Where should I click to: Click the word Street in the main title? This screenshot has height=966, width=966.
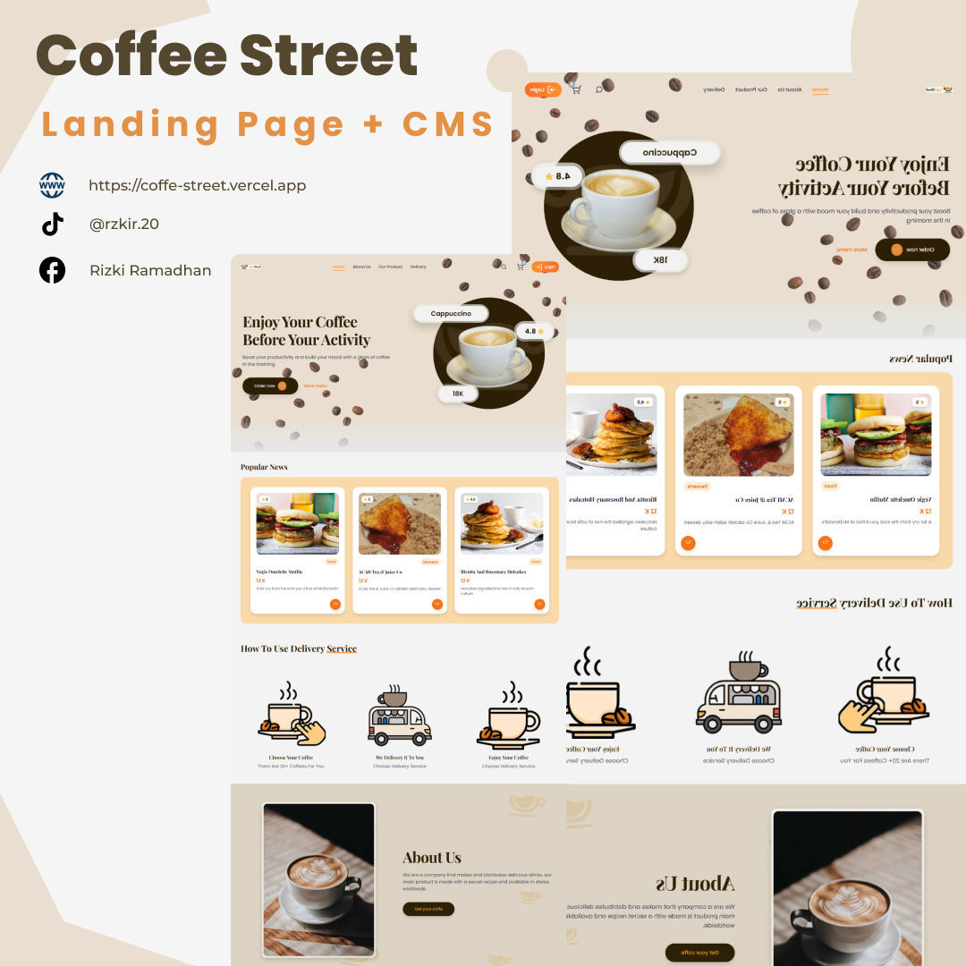(x=329, y=55)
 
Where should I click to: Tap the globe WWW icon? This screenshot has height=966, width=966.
(x=52, y=185)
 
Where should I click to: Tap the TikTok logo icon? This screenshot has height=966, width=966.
(x=53, y=224)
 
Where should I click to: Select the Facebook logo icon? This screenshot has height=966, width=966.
(x=52, y=270)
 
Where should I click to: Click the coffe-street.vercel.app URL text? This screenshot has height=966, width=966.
(x=197, y=186)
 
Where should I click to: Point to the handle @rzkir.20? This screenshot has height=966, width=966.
(x=124, y=225)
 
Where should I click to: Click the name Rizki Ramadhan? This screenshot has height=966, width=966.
(x=150, y=270)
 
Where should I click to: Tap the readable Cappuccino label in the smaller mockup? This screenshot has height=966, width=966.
(x=451, y=314)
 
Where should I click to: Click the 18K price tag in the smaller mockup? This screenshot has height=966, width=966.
(x=458, y=394)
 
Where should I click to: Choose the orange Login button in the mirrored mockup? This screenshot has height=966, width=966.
(x=543, y=89)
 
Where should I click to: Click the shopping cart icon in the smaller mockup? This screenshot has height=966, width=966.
(x=521, y=267)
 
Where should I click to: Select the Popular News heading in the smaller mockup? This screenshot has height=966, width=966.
(x=264, y=467)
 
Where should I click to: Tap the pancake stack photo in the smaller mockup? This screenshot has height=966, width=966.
(x=502, y=524)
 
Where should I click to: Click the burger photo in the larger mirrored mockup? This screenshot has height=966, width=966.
(x=876, y=436)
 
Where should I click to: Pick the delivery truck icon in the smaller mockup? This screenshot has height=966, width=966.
(x=399, y=720)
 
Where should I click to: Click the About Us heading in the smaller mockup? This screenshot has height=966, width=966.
(x=432, y=858)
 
